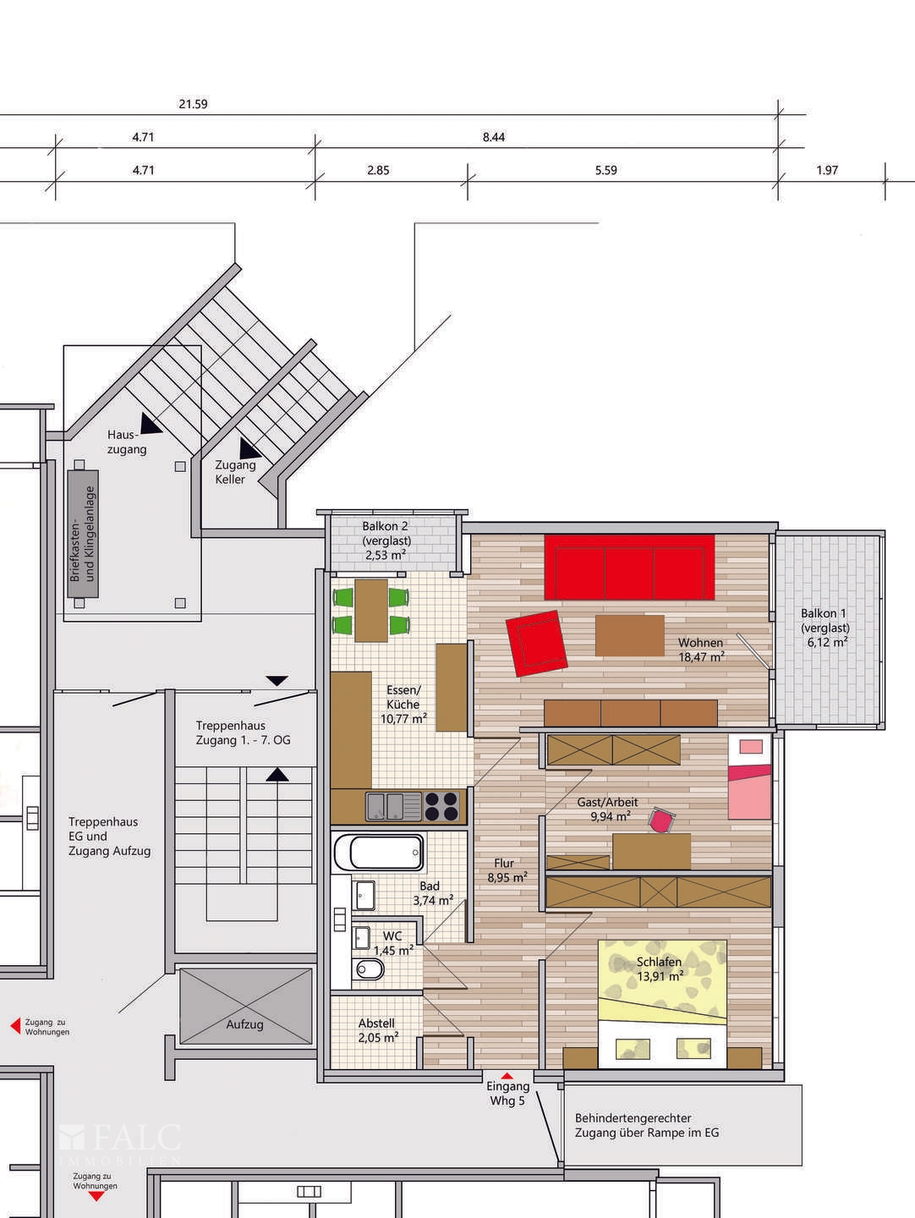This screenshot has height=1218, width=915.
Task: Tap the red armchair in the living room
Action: click(x=536, y=643)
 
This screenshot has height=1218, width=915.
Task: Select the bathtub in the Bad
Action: click(x=386, y=853)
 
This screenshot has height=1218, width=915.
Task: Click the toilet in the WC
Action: click(x=369, y=969)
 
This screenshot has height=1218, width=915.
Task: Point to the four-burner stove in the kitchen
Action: click(x=441, y=805)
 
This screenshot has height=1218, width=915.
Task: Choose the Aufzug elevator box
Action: click(x=245, y=1007)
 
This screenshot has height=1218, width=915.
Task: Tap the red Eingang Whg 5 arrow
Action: click(x=507, y=1075)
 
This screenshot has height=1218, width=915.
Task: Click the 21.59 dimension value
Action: click(x=193, y=105)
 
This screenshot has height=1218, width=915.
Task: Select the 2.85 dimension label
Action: click(x=378, y=170)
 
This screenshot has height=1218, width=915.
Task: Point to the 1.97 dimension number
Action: click(x=827, y=170)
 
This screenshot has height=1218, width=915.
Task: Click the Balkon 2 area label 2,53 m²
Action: click(x=386, y=555)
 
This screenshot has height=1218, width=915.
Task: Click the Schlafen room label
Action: click(x=660, y=963)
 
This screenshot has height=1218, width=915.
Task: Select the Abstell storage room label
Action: click(x=376, y=1023)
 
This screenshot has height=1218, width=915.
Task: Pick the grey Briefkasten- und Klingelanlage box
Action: click(x=82, y=534)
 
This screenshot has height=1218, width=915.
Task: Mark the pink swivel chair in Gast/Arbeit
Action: click(x=661, y=820)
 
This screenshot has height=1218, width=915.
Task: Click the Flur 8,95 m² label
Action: click(x=506, y=870)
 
